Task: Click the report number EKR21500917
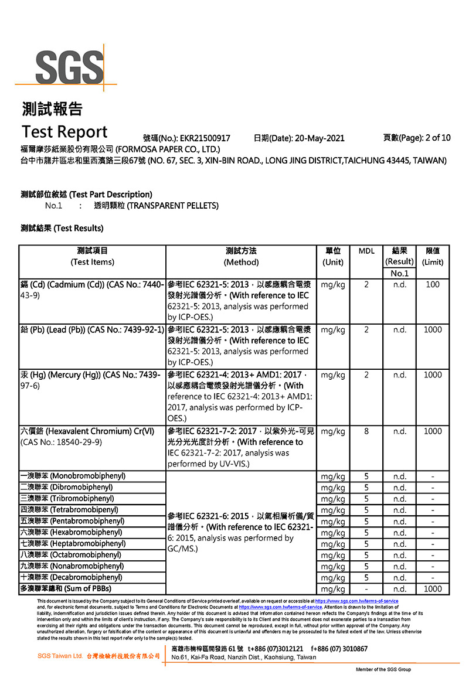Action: click(205, 138)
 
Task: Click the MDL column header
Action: click(366, 251)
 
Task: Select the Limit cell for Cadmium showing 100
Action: click(433, 285)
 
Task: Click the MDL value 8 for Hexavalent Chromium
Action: click(366, 431)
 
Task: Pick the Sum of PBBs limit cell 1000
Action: click(433, 588)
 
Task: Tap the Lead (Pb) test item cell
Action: click(92, 330)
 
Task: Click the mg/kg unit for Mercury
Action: click(333, 375)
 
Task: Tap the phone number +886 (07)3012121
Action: click(276, 649)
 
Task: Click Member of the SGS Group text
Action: click(383, 669)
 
